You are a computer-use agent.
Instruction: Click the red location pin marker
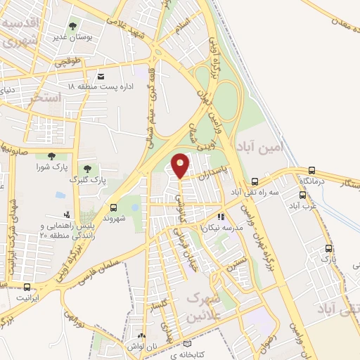(x=181, y=165)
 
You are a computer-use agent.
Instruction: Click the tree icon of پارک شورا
(x=50, y=156)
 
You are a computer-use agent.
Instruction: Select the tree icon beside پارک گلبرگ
(x=87, y=169)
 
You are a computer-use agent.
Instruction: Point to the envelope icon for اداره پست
(x=101, y=76)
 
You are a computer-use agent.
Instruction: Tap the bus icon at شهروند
(x=113, y=207)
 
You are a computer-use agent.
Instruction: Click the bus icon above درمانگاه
(x=312, y=170)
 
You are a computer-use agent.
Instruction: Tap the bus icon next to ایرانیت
(x=27, y=287)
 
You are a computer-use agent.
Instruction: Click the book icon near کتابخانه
(x=186, y=344)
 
